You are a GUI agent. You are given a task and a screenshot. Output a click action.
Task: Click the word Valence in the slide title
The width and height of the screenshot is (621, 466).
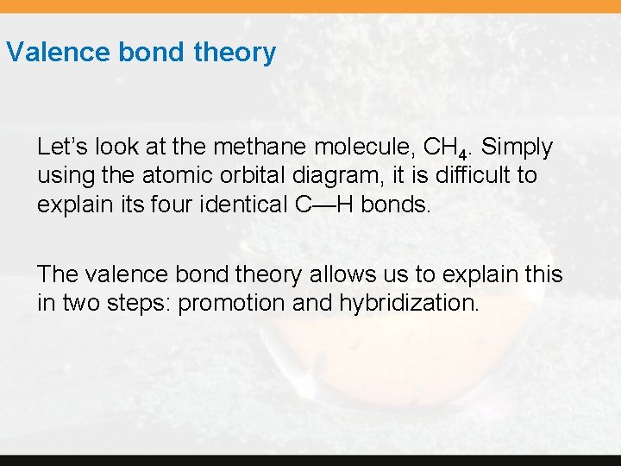click(59, 53)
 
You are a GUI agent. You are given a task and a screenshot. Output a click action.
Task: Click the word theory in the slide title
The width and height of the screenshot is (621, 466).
click(235, 54)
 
